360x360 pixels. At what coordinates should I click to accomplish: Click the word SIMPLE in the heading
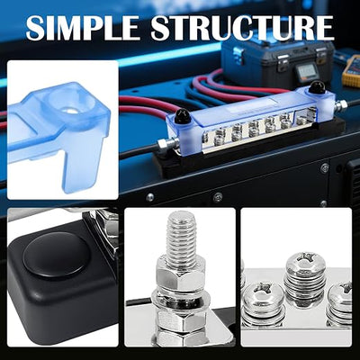click(82, 28)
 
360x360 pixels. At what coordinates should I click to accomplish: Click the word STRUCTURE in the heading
click(242, 28)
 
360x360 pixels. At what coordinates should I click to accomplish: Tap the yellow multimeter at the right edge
click(352, 71)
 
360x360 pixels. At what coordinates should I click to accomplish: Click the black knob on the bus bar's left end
click(181, 115)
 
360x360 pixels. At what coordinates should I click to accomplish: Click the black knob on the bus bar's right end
click(315, 87)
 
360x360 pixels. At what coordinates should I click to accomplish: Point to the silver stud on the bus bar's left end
click(163, 145)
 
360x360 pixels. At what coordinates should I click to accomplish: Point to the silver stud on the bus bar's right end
click(341, 104)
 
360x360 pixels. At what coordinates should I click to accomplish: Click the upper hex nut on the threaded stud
click(181, 275)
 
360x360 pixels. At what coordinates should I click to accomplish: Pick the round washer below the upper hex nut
click(180, 298)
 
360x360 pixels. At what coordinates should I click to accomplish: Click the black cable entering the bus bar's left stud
click(139, 152)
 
